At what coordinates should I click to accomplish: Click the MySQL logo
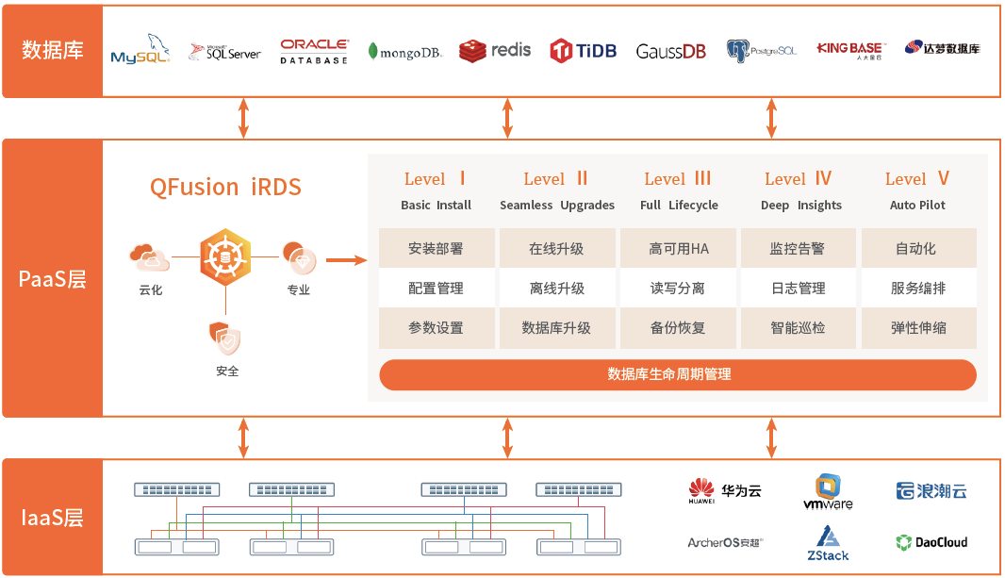click(x=140, y=49)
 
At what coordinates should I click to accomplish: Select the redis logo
click(x=495, y=51)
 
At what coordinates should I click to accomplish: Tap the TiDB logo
click(x=584, y=51)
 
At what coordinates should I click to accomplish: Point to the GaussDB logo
click(x=670, y=51)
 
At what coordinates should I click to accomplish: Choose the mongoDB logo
click(x=405, y=52)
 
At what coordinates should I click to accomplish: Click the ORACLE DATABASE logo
click(x=314, y=51)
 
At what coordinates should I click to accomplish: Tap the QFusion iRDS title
click(x=225, y=187)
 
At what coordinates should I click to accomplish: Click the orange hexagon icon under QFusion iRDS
click(x=225, y=257)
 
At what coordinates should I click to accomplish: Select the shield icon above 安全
click(x=225, y=339)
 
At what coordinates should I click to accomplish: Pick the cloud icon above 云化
click(x=150, y=257)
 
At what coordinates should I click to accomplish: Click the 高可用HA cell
click(x=679, y=249)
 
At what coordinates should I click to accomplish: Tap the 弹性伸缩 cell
click(x=918, y=328)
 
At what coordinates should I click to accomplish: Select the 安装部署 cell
click(x=436, y=249)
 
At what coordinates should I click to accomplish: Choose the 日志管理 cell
click(x=798, y=289)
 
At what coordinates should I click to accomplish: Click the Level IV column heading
click(x=798, y=179)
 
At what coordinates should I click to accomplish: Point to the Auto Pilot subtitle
click(x=917, y=205)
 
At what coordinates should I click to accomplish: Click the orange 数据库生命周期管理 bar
click(x=678, y=375)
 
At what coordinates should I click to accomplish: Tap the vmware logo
click(x=828, y=492)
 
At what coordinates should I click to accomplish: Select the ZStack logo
click(x=828, y=543)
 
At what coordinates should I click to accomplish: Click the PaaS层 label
click(x=53, y=279)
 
